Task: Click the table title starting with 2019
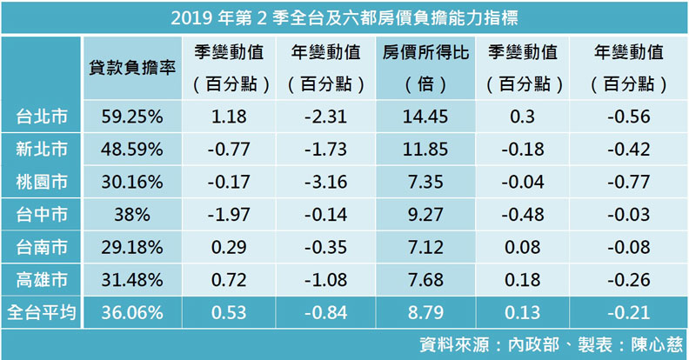pyautogui.click(x=344, y=16)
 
